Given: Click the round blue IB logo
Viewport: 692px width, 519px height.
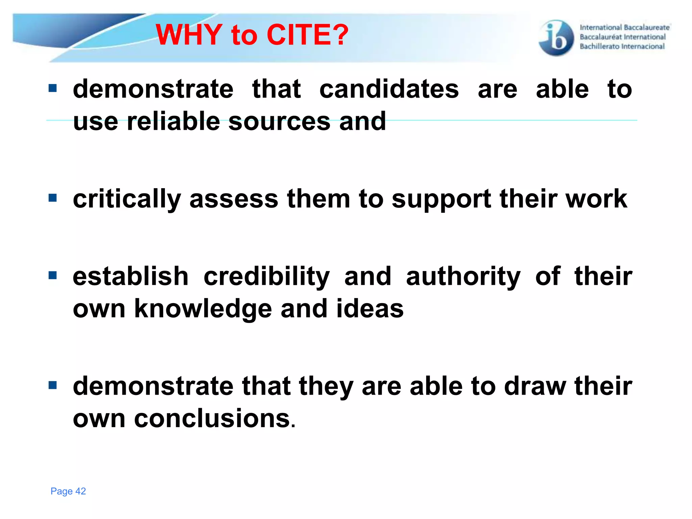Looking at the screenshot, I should [x=556, y=38].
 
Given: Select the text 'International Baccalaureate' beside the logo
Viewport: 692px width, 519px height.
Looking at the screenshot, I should [x=624, y=27].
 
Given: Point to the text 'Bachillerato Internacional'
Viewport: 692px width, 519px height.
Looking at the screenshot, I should [x=622, y=46].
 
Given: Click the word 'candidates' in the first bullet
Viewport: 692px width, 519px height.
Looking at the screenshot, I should [x=389, y=89].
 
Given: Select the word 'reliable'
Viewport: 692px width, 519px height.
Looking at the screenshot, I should [x=173, y=121].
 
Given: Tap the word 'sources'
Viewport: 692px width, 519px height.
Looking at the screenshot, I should [x=279, y=121].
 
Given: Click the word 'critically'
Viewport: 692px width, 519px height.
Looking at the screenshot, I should [x=127, y=199].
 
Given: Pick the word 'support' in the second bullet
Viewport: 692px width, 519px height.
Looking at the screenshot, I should [x=441, y=199].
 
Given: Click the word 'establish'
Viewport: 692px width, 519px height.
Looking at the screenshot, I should [x=130, y=276].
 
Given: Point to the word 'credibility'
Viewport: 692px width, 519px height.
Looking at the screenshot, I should [x=266, y=276].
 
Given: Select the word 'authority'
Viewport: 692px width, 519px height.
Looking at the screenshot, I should [x=463, y=276].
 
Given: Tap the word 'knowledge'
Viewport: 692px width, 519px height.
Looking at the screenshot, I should [x=203, y=309].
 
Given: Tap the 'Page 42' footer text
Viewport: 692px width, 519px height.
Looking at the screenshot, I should [x=68, y=491].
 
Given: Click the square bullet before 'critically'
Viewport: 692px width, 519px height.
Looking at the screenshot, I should [x=53, y=198].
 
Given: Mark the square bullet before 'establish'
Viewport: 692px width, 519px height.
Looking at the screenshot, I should [x=53, y=275].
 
